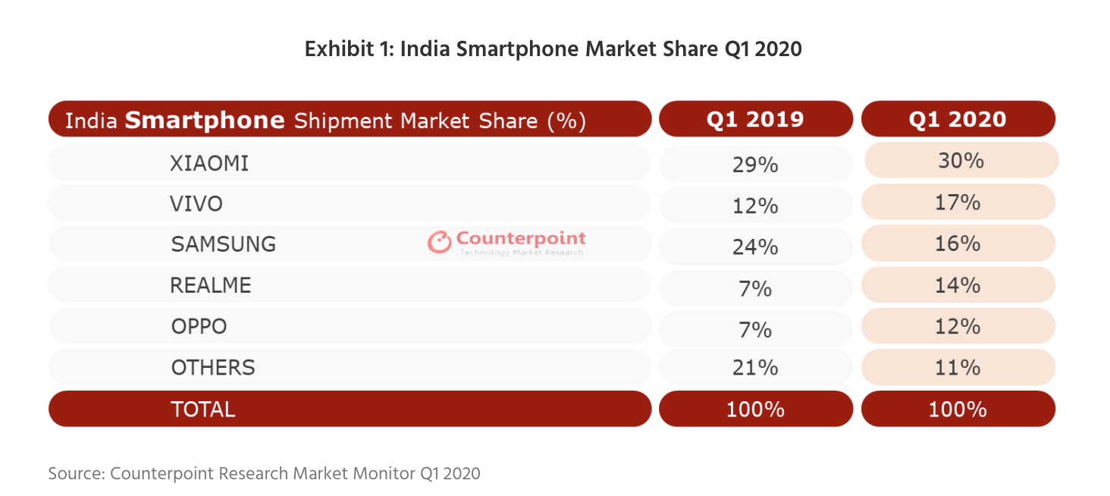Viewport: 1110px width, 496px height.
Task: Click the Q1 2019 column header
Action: (x=755, y=120)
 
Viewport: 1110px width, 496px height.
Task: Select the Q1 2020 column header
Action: (x=958, y=120)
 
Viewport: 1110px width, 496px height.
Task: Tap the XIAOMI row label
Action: (x=209, y=163)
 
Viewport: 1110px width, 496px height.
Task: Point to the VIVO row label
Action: (x=197, y=204)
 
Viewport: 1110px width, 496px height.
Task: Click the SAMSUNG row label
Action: (x=223, y=244)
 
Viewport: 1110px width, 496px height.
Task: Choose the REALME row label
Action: (x=211, y=286)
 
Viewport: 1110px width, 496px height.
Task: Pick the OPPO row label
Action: (x=199, y=327)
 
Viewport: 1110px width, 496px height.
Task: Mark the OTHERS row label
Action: (x=213, y=368)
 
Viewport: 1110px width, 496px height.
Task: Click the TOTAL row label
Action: (x=202, y=410)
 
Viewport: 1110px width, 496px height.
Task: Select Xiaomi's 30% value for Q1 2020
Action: (x=960, y=161)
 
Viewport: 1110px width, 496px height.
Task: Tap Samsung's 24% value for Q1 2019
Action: (x=755, y=246)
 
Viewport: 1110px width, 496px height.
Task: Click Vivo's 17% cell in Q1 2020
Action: (x=958, y=202)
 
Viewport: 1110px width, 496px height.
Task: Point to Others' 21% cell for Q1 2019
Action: (x=755, y=369)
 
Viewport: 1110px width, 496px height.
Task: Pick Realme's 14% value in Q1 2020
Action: (x=958, y=285)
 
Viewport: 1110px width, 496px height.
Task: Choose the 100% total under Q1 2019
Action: (x=755, y=410)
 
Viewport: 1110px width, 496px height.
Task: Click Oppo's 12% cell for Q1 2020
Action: (x=958, y=327)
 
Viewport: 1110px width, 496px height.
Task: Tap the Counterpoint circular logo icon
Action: (x=439, y=243)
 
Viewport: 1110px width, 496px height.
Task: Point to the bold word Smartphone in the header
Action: (x=205, y=120)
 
